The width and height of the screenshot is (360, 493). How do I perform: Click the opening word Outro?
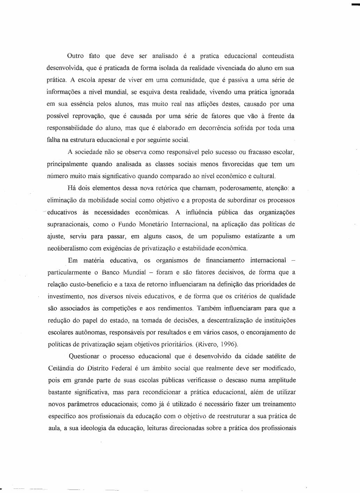[75, 56]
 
